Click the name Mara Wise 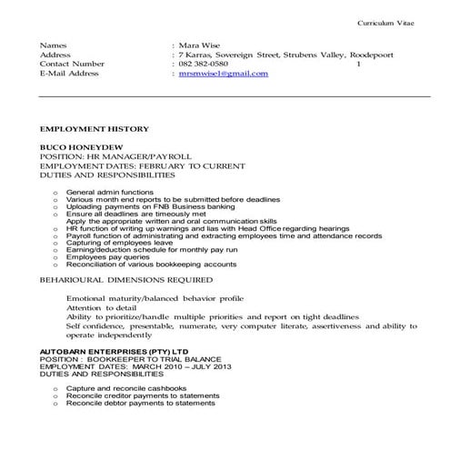point(199,45)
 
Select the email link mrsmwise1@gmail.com point(224,74)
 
